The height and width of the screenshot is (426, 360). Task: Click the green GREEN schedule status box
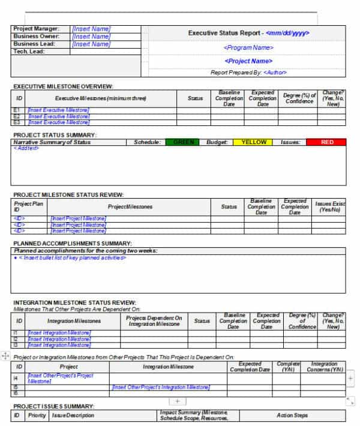tap(184, 142)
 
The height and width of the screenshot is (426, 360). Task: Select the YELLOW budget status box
tap(253, 142)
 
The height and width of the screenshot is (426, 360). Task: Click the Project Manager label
tap(36, 29)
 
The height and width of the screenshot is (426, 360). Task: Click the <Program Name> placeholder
tap(248, 47)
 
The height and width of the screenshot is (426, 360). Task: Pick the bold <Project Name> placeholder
tap(248, 61)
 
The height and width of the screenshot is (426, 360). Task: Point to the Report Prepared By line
tap(248, 73)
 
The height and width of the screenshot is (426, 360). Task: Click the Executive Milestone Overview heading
tap(63, 87)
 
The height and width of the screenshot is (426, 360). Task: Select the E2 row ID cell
tap(17, 116)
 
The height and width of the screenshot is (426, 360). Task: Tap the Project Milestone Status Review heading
tap(68, 194)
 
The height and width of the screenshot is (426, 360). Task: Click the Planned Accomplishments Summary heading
tap(72, 243)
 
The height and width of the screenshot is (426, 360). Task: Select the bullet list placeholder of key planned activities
tap(70, 257)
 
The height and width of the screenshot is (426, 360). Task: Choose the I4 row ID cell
tap(17, 379)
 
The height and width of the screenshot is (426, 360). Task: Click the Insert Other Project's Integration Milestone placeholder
tap(161, 387)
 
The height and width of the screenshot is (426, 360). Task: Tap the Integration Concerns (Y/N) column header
tap(325, 367)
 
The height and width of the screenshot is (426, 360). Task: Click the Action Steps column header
tap(292, 415)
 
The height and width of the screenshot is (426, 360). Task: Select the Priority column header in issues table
tap(36, 415)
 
